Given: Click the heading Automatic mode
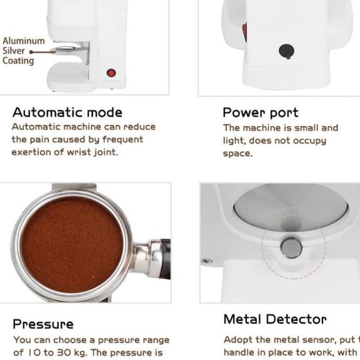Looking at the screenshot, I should tap(67, 112).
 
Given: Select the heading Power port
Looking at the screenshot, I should tap(260, 112).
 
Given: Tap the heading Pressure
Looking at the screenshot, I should tap(43, 324).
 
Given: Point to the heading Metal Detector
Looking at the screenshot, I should tap(274, 319).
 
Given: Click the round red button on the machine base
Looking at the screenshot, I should tap(111, 72).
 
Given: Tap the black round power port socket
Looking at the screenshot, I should tap(286, 51).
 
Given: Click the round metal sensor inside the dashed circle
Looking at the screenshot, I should tap(291, 248).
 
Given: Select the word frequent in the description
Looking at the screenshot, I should tap(122, 139).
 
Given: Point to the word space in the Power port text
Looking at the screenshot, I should tap(237, 154).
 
